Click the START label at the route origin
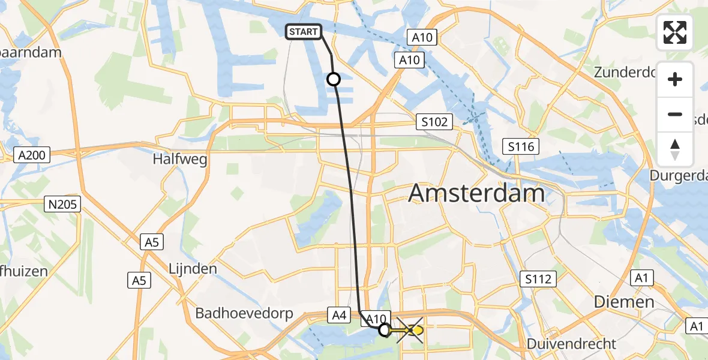click(x=304, y=32)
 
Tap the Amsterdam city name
click(x=476, y=194)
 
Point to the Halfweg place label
click(x=172, y=160)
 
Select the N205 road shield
click(x=62, y=205)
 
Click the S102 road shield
click(x=434, y=122)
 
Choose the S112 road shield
click(x=538, y=278)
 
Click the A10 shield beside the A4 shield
click(x=375, y=319)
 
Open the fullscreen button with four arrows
click(x=675, y=32)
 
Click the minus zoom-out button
click(x=675, y=114)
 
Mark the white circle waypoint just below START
click(x=333, y=79)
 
